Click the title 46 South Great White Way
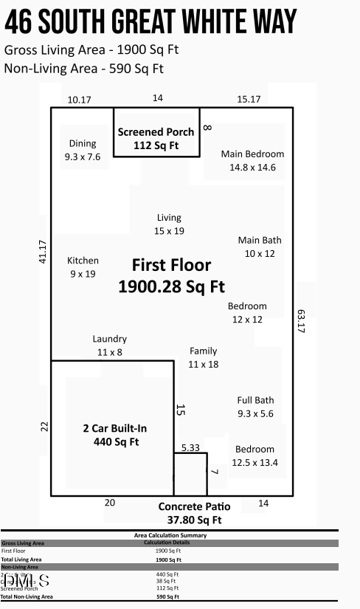coord(151,22)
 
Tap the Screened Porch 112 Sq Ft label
coord(156,138)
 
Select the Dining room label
coord(83,150)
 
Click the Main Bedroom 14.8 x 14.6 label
coord(252,160)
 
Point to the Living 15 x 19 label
coord(169,224)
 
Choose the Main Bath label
coord(260,247)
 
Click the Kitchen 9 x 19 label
coord(83,267)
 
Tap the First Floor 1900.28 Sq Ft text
coord(171,275)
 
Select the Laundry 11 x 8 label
coord(109,345)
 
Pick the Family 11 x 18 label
coord(203,357)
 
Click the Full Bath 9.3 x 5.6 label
coord(255,407)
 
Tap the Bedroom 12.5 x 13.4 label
coord(255,455)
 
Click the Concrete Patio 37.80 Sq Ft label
coord(195,513)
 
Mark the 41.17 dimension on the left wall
coord(43,252)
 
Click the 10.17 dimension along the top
coord(79,100)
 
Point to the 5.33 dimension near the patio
coord(190,447)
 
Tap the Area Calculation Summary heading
coord(170,535)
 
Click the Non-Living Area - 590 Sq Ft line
coord(83,69)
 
